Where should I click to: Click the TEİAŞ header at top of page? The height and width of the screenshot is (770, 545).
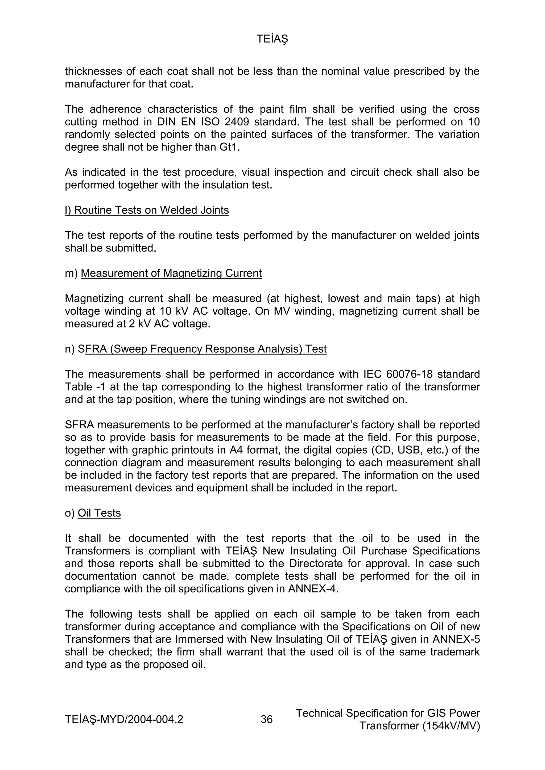pos(272,39)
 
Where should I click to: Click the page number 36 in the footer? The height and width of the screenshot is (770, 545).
pos(267,719)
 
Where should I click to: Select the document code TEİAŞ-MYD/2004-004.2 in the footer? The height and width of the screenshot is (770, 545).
pos(124,719)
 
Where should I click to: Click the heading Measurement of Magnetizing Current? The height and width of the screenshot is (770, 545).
pos(171,273)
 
